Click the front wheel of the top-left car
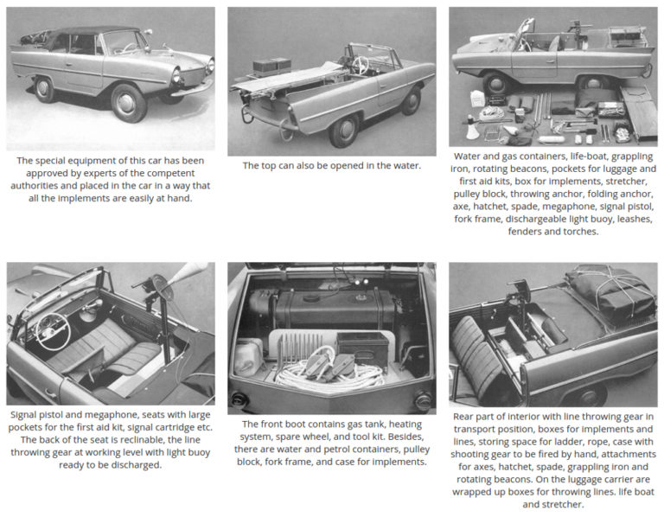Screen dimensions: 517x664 (x=128, y=103)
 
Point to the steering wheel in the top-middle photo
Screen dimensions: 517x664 (x=358, y=64)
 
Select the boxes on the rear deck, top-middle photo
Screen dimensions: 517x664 (x=271, y=66)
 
